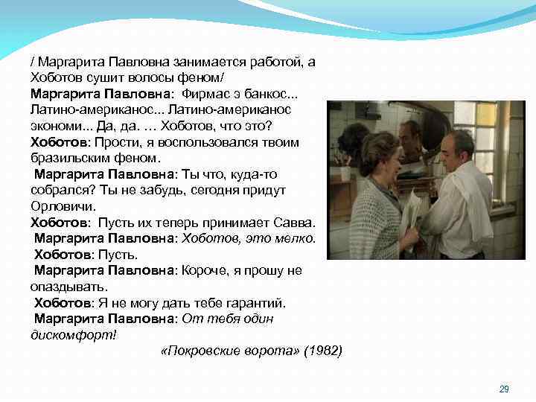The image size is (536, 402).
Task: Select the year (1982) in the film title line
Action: (x=323, y=351)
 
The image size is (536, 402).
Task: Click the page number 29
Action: (x=503, y=389)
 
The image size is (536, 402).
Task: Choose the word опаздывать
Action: (x=68, y=286)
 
